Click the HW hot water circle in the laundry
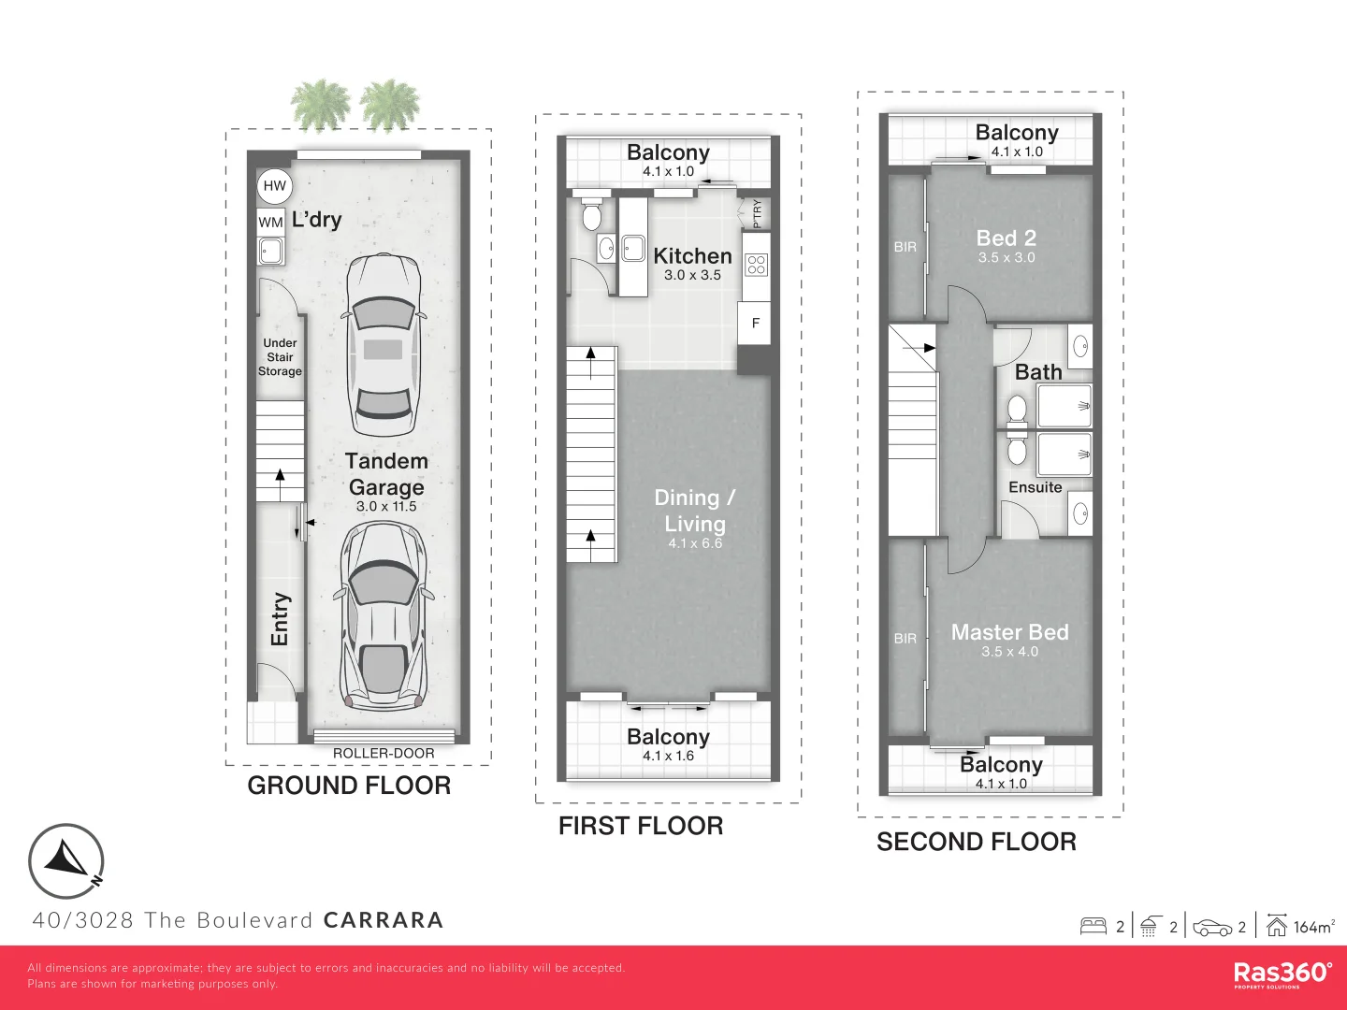point(274,186)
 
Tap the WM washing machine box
point(270,222)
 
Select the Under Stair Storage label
point(280,357)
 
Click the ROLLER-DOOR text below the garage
point(384,753)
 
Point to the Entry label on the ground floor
point(279,619)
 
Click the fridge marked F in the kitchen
point(756,323)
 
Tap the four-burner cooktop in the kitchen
point(756,265)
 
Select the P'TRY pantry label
point(757,213)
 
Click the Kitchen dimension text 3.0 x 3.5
point(692,275)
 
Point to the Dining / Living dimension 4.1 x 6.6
point(695,542)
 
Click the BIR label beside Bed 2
point(905,247)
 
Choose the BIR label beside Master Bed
point(905,639)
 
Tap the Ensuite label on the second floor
point(1036,487)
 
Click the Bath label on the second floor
point(1038,371)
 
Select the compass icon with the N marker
point(66,861)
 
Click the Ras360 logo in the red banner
point(1282,974)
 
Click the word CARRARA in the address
point(384,920)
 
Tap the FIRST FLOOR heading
point(641,826)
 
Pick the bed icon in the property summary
point(1093,926)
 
